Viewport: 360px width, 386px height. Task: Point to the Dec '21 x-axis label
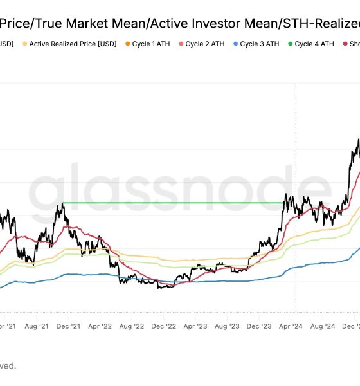67,326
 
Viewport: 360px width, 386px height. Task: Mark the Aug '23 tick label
228,326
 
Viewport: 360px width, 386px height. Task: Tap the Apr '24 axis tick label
291,326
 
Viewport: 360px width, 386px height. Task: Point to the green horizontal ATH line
174,203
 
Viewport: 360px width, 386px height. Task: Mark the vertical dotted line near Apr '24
296,142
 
